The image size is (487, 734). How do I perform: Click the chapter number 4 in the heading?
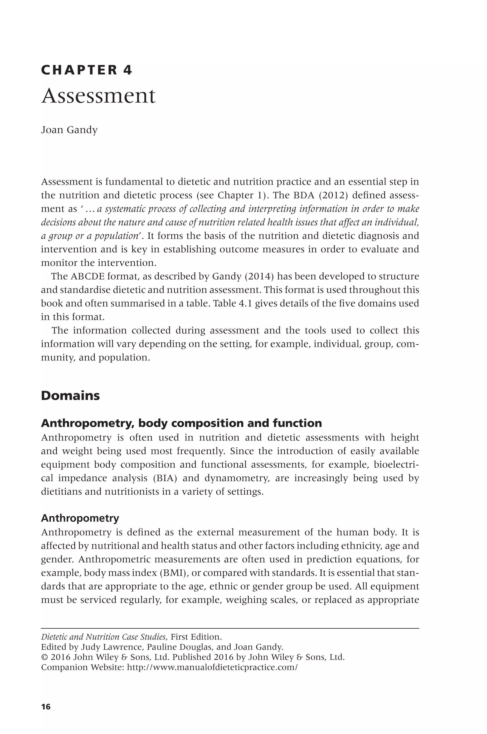click(x=128, y=70)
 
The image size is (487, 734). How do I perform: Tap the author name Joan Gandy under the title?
click(x=69, y=130)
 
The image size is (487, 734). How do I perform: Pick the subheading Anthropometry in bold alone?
click(x=80, y=518)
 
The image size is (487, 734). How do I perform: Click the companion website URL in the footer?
click(x=212, y=667)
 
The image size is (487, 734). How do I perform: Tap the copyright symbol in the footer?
click(x=44, y=657)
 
